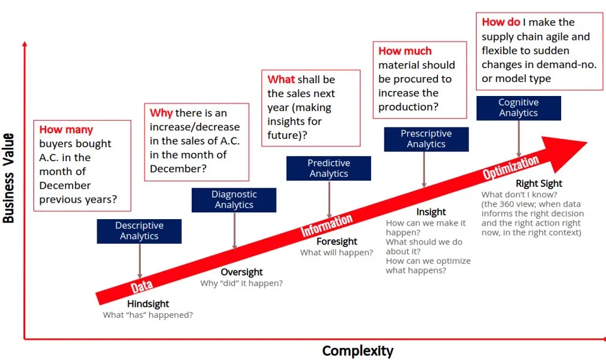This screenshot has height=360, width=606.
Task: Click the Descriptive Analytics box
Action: (x=139, y=231)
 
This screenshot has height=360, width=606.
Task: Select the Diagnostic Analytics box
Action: (x=234, y=200)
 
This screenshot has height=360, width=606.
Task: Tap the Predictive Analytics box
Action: (x=328, y=168)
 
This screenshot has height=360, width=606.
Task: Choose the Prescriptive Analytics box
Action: (x=426, y=139)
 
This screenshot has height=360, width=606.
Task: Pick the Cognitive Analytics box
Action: (x=518, y=108)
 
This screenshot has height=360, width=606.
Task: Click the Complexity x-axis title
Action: (x=357, y=351)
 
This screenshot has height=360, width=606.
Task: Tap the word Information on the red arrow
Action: (x=326, y=225)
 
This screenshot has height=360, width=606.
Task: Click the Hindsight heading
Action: (x=148, y=304)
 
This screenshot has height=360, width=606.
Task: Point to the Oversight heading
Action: (x=241, y=272)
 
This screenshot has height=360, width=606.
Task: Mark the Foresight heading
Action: (x=336, y=241)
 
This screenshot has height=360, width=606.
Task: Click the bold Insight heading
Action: (x=431, y=212)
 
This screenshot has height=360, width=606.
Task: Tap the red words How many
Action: (x=66, y=129)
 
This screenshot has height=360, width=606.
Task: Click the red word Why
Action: (x=161, y=113)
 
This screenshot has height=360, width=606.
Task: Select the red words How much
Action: (x=405, y=51)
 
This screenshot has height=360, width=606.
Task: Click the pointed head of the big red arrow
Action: (x=571, y=147)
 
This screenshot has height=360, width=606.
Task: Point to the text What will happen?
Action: (x=336, y=253)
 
